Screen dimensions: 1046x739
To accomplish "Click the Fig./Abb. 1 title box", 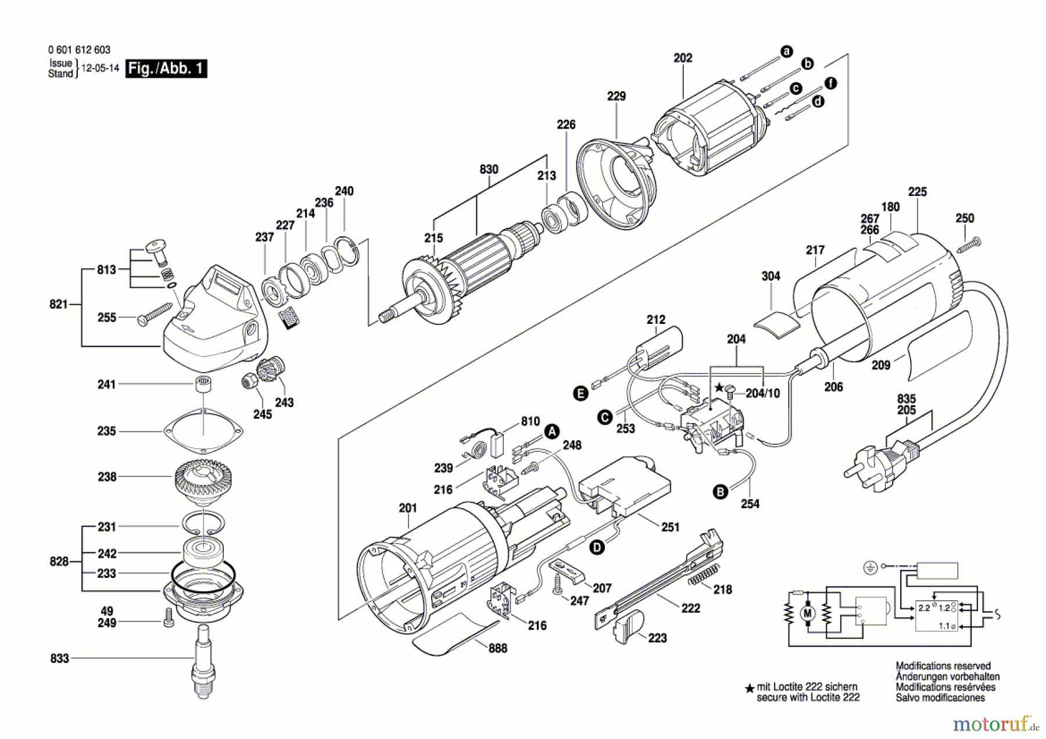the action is pos(166,69).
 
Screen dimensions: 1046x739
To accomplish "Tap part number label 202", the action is pos(683,58).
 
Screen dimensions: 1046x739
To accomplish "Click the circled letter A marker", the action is pos(551,431).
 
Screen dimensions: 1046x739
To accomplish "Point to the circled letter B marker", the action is pos(720,492).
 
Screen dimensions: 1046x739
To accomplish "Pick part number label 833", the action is pos(59,658).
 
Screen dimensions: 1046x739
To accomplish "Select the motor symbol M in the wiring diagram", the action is pos(807,613).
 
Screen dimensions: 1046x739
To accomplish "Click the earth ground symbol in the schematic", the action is pos(870,567).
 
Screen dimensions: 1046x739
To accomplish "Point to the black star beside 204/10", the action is pos(719,387).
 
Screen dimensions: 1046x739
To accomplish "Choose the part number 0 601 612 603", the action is pos(79,50).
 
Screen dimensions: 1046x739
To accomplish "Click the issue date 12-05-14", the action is pos(100,68).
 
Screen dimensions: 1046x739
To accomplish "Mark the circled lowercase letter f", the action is pos(831,83).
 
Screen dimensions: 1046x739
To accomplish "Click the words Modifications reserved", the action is pos(943,666).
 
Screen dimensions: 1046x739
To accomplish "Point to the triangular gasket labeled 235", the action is pos(203,431).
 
